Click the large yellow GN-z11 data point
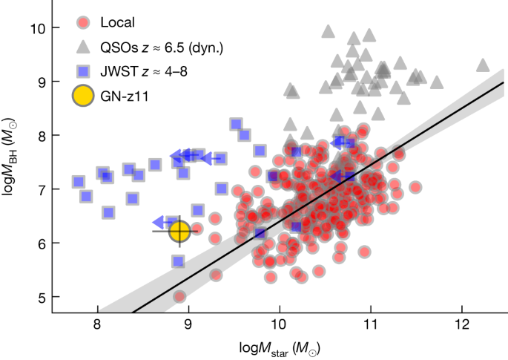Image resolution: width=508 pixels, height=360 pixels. [179, 232]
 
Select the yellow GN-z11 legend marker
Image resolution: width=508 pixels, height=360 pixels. [86, 96]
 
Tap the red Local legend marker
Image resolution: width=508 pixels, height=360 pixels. [86, 22]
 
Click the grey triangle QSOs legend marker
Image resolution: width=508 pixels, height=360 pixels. [86, 47]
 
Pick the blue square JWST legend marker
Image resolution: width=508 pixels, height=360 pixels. [86, 71]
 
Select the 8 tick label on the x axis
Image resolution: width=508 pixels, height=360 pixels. [97, 326]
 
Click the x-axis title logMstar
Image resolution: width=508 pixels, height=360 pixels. [279, 347]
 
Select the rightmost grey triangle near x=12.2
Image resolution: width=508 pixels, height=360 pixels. [483, 65]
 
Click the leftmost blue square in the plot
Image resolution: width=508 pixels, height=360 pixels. [79, 182]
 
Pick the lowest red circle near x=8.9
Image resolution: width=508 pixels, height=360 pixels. [179, 296]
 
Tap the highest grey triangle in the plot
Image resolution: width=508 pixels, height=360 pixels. [328, 31]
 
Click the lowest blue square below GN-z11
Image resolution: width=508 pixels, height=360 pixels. [178, 261]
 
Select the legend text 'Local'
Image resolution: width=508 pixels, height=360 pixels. [125, 22]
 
